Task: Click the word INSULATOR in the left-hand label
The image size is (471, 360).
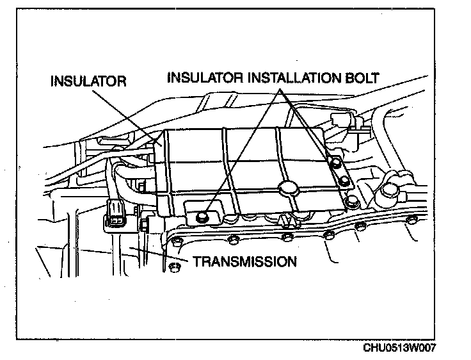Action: pos(89,83)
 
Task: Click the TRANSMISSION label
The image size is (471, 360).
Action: pos(244,261)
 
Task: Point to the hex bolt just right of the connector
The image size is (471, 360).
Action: pos(145,225)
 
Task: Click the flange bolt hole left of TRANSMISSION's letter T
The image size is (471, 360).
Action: pos(175,266)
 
